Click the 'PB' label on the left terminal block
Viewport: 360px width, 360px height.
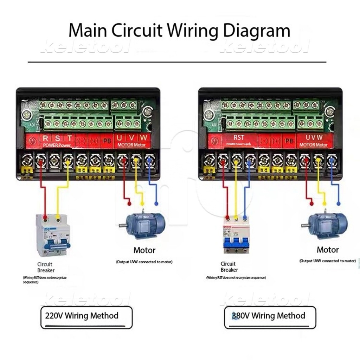point(107,141)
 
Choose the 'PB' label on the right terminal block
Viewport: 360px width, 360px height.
point(289,141)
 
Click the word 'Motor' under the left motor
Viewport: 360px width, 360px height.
point(144,250)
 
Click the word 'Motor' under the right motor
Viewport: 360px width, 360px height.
point(328,250)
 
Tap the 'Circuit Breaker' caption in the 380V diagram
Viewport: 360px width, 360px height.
point(229,267)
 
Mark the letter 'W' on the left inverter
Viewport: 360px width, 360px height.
point(143,138)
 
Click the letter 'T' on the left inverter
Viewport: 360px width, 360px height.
point(70,138)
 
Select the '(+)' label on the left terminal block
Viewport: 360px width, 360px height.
point(94,141)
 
